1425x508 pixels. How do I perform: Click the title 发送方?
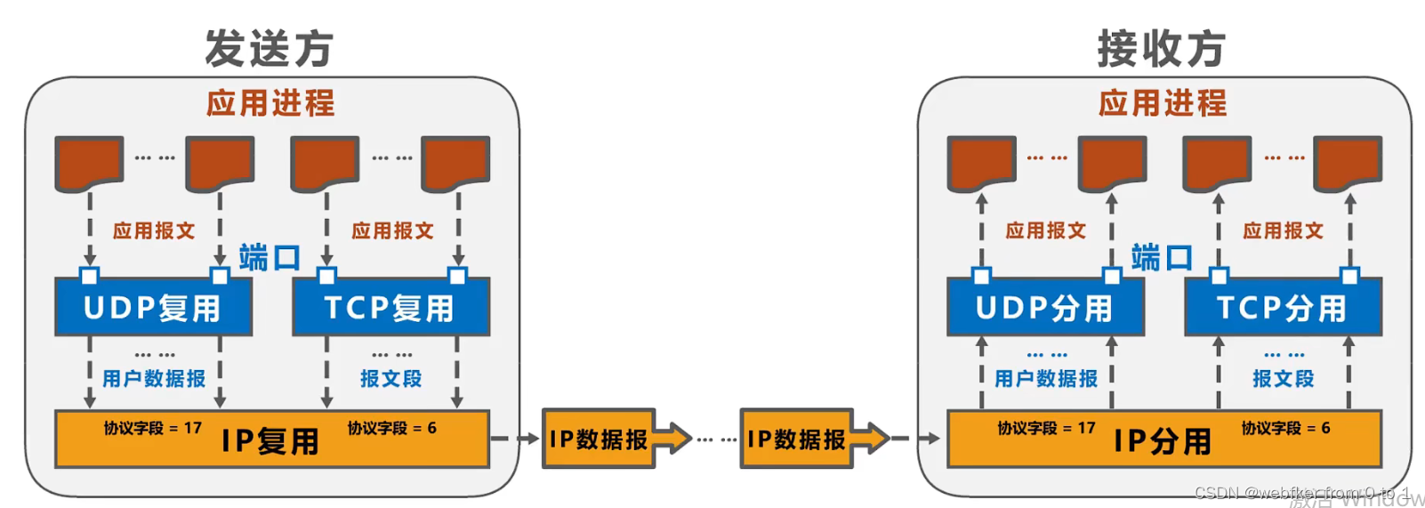(269, 48)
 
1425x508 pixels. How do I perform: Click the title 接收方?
(1161, 48)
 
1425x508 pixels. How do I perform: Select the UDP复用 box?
(153, 308)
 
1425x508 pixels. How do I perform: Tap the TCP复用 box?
(390, 308)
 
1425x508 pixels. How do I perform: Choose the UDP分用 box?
(1045, 308)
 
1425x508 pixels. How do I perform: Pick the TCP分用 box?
(1283, 308)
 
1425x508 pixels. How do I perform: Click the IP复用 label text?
(270, 441)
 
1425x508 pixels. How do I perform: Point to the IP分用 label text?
(1163, 441)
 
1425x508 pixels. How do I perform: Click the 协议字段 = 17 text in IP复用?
(153, 428)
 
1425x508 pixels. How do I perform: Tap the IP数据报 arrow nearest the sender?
(614, 439)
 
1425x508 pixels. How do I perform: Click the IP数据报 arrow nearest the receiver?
(811, 439)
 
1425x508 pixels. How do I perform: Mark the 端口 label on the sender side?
(270, 258)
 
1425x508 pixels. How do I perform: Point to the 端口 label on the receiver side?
(1162, 258)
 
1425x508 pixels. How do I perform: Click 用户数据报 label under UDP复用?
(154, 379)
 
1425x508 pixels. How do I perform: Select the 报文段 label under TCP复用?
(391, 379)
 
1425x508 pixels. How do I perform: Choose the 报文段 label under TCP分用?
(1284, 379)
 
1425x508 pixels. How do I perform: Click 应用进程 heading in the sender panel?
(270, 103)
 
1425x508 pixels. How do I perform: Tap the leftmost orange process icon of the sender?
(89, 163)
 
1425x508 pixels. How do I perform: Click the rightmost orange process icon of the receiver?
(1348, 163)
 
